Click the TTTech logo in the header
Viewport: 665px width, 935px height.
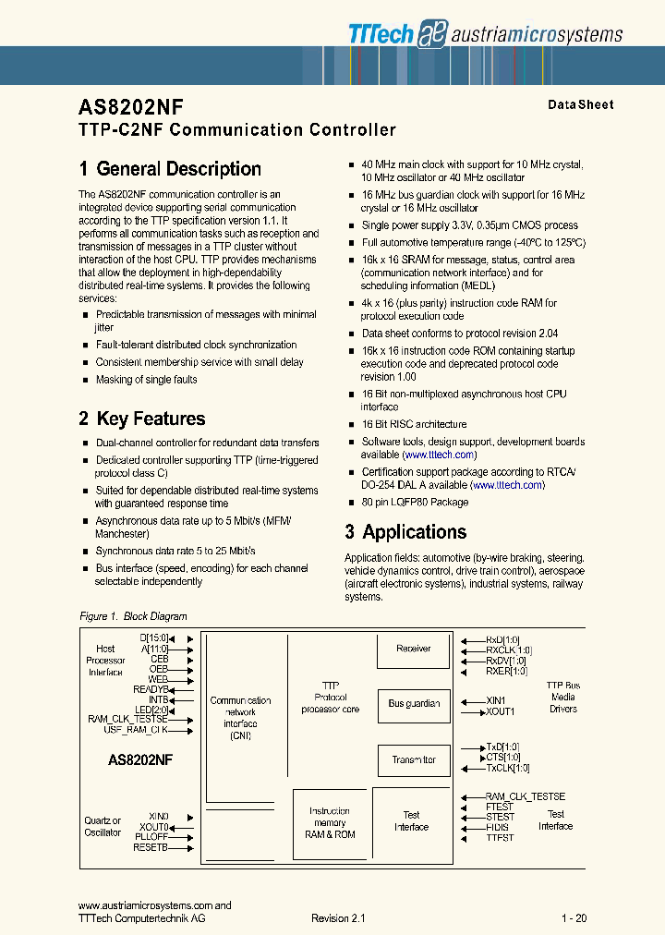pyautogui.click(x=381, y=33)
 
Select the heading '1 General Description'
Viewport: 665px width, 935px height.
pyautogui.click(x=170, y=169)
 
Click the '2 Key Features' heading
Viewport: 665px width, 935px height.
pyautogui.click(x=142, y=419)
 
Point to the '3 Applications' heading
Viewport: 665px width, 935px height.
pyautogui.click(x=405, y=532)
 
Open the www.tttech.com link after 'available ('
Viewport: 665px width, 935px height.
pyautogui.click(x=440, y=455)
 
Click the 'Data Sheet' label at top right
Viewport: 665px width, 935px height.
pyautogui.click(x=580, y=104)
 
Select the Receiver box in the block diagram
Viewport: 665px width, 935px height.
pyautogui.click(x=413, y=649)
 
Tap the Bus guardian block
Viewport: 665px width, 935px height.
pyautogui.click(x=413, y=704)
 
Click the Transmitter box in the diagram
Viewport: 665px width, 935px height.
pyautogui.click(x=413, y=759)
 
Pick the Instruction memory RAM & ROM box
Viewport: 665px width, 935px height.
pyautogui.click(x=330, y=822)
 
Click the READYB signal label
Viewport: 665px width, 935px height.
pyautogui.click(x=151, y=689)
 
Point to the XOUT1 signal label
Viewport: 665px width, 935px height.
pyautogui.click(x=501, y=711)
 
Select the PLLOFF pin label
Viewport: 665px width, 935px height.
pyautogui.click(x=152, y=836)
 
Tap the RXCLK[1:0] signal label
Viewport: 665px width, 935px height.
pyautogui.click(x=509, y=650)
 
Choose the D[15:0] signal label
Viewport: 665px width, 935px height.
pyautogui.click(x=154, y=637)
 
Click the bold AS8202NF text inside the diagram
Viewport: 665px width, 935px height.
pyautogui.click(x=140, y=759)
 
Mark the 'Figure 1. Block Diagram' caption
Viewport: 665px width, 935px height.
pyautogui.click(x=133, y=616)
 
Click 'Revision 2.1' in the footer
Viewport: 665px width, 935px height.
pyautogui.click(x=338, y=918)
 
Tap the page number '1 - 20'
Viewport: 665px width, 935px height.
pyautogui.click(x=574, y=918)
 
